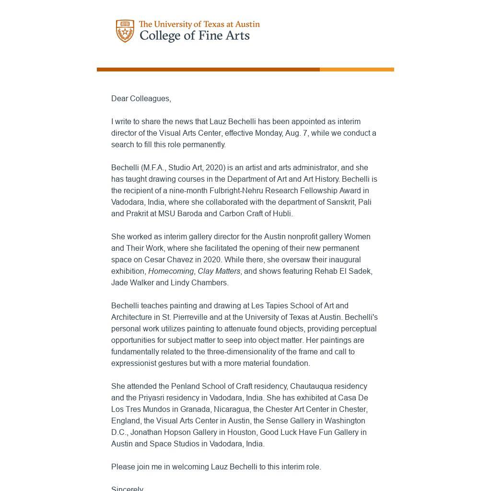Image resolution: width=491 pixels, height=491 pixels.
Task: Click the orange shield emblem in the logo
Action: pyautogui.click(x=125, y=31)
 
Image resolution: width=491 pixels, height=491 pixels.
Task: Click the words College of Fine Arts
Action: pyautogui.click(x=194, y=36)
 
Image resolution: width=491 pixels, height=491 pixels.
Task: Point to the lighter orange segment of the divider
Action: pyautogui.click(x=357, y=70)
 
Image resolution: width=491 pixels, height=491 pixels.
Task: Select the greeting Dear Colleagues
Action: pyautogui.click(x=141, y=98)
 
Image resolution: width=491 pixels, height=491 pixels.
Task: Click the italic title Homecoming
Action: pyautogui.click(x=171, y=271)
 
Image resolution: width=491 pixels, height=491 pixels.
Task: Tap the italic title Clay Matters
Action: pyautogui.click(x=219, y=271)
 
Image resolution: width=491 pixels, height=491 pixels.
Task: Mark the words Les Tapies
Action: pyautogui.click(x=269, y=305)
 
